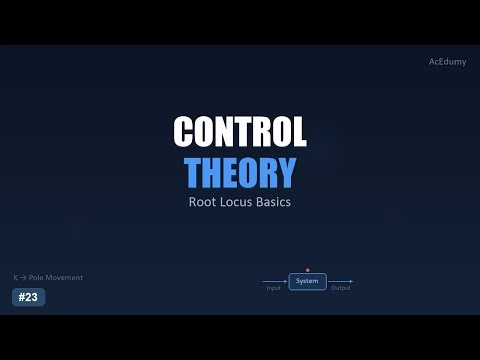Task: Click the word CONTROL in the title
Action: tap(240, 132)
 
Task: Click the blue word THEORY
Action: tap(240, 172)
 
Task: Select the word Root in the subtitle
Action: tap(204, 201)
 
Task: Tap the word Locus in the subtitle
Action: tap(240, 201)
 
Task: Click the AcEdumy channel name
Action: tap(446, 62)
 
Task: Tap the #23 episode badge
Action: tap(28, 297)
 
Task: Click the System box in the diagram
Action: tap(307, 282)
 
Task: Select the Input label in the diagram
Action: tap(274, 289)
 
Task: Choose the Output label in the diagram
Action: tap(341, 289)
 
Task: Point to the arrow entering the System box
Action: tap(276, 282)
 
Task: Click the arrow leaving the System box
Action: tap(339, 282)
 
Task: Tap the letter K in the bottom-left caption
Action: tap(15, 277)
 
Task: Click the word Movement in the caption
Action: tap(65, 277)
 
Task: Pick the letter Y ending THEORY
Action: tap(285, 172)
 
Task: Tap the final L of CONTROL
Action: tap(298, 132)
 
